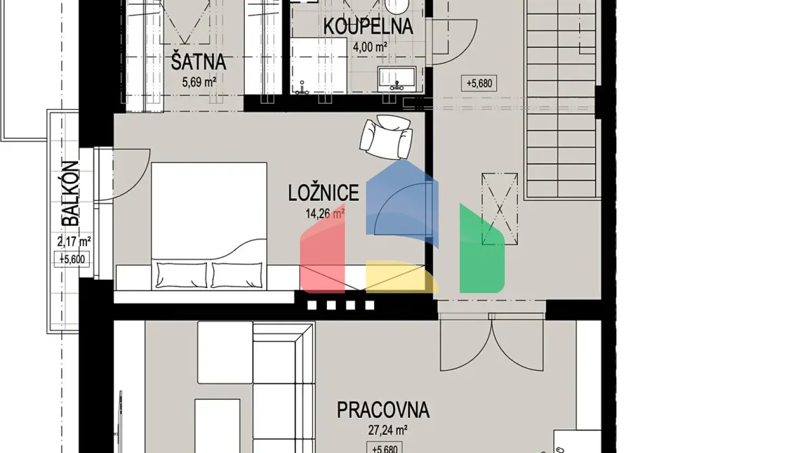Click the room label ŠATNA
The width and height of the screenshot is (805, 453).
tap(198, 62)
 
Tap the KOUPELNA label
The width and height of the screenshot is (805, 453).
tap(368, 26)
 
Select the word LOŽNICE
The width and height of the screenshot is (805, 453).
tap(323, 193)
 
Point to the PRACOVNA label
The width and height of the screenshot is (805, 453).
tap(383, 409)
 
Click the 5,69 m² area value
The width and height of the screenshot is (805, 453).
tap(199, 82)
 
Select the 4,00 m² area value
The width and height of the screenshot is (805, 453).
tap(370, 47)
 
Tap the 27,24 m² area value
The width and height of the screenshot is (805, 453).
tap(387, 430)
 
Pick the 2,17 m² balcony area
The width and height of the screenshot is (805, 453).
tap(74, 242)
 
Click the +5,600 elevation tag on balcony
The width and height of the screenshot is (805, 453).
tap(72, 259)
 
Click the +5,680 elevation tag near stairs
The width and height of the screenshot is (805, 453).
tap(479, 83)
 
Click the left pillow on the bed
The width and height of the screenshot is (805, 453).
tap(181, 275)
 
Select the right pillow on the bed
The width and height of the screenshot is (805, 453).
tap(236, 275)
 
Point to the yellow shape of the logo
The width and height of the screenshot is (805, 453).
tap(398, 276)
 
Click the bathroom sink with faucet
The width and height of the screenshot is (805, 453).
tap(397, 78)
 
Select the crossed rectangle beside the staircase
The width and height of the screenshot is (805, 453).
tap(499, 209)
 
